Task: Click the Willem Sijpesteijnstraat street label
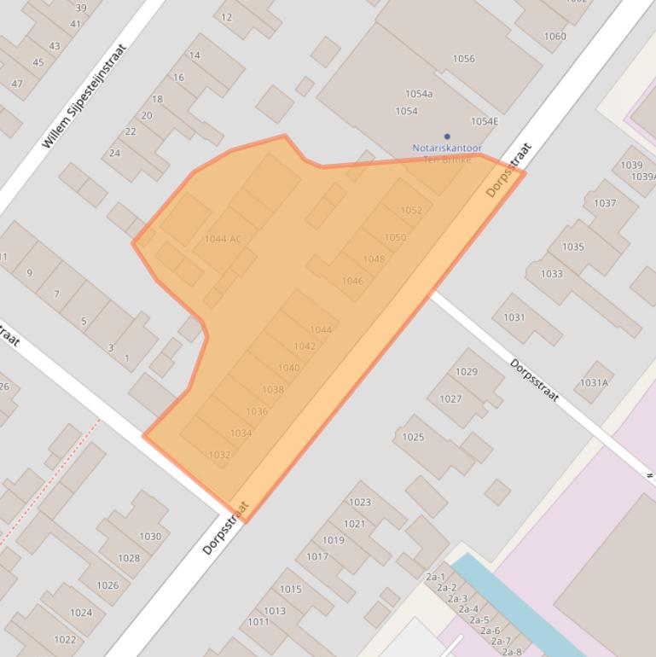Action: pyautogui.click(x=84, y=96)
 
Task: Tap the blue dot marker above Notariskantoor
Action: pyautogui.click(x=446, y=137)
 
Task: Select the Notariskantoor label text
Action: pyautogui.click(x=447, y=148)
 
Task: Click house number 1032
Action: pyautogui.click(x=219, y=456)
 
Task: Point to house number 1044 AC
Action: pyautogui.click(x=223, y=239)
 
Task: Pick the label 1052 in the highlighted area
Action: pyautogui.click(x=411, y=211)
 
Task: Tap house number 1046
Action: pyautogui.click(x=352, y=281)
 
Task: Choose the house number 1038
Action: pyautogui.click(x=273, y=390)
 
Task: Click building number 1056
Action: pyautogui.click(x=464, y=59)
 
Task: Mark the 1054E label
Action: pyautogui.click(x=485, y=121)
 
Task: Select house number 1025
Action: pyautogui.click(x=413, y=438)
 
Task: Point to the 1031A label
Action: pyautogui.click(x=594, y=383)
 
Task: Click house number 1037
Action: pyautogui.click(x=605, y=203)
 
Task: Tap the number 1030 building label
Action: pyautogui.click(x=150, y=537)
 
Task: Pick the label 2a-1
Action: pyautogui.click(x=435, y=578)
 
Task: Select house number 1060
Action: pyautogui.click(x=554, y=37)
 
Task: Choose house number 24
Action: pyautogui.click(x=114, y=154)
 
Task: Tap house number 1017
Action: pyautogui.click(x=317, y=557)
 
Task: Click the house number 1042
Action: pyautogui.click(x=305, y=346)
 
